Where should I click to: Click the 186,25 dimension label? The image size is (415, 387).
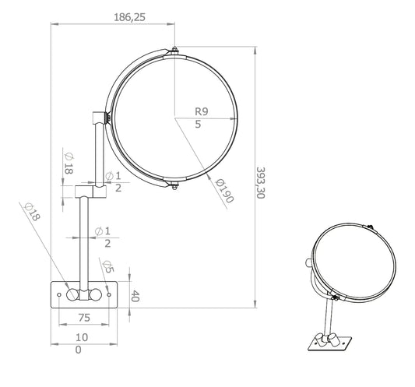(130, 17)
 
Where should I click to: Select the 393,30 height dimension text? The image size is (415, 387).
(261, 183)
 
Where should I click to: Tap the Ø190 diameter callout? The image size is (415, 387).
(225, 191)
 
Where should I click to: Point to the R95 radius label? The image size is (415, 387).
(202, 118)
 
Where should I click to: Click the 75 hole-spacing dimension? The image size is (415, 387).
(84, 318)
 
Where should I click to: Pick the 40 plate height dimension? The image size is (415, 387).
(135, 296)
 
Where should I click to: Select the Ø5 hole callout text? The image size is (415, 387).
(108, 266)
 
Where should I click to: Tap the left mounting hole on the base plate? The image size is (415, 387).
(59, 294)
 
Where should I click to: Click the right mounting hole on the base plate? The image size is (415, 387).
(109, 294)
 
